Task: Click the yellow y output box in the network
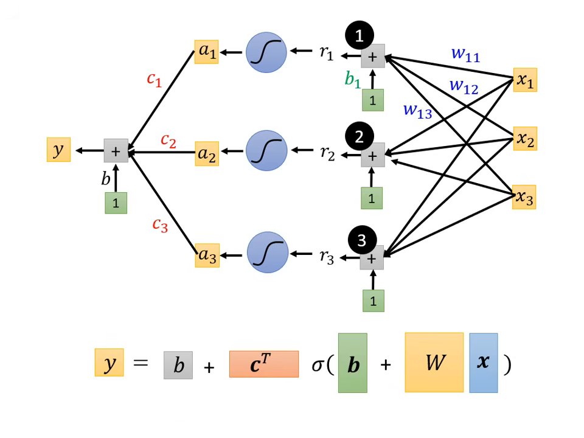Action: [x=58, y=150]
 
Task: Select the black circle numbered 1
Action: [x=360, y=36]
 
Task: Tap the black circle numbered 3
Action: [x=361, y=240]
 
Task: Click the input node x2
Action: [x=525, y=139]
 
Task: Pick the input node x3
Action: [x=524, y=197]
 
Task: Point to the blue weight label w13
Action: [x=417, y=111]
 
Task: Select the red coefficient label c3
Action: [x=159, y=225]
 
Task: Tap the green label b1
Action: [x=353, y=80]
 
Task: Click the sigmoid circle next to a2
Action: [x=266, y=151]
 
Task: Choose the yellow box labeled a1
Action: [x=207, y=52]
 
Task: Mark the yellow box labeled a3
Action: [x=207, y=255]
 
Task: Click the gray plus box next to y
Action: [x=116, y=151]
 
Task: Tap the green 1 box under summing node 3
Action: [x=373, y=301]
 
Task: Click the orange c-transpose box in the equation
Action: [x=264, y=364]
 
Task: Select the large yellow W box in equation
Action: [x=434, y=363]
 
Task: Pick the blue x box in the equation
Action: [x=484, y=363]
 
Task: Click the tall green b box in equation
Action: [x=353, y=363]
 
